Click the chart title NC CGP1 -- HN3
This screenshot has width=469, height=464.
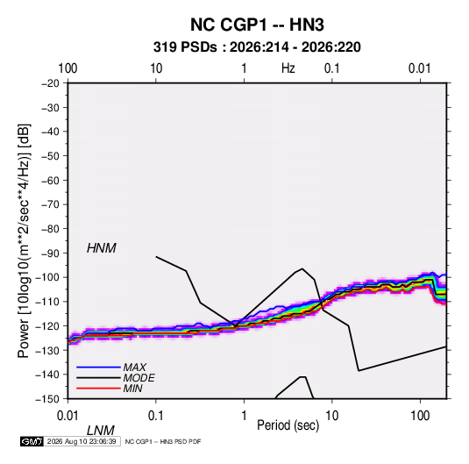[257, 25]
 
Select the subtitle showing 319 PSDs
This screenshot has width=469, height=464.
[257, 47]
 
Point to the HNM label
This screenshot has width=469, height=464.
[102, 248]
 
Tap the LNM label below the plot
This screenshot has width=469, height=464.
[101, 431]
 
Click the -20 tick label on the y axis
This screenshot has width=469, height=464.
[50, 83]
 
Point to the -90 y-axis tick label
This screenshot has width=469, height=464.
[50, 253]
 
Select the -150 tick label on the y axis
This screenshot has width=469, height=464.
[47, 399]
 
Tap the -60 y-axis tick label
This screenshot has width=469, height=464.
[50, 180]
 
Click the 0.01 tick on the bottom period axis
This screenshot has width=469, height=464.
[68, 416]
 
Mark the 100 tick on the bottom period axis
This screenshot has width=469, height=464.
[420, 416]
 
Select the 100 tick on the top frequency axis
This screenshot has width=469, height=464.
[68, 68]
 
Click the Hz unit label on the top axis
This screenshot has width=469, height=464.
[288, 68]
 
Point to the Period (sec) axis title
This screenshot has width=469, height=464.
[288, 425]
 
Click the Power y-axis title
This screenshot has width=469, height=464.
[24, 241]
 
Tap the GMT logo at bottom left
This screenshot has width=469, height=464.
[32, 441]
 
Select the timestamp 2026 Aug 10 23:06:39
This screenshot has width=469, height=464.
[82, 441]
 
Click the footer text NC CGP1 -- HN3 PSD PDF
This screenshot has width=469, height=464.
[163, 441]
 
